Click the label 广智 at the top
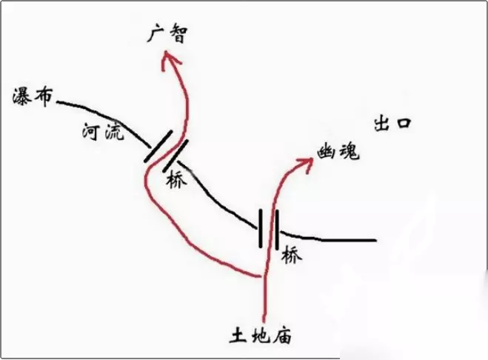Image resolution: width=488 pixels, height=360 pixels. pos(168,33)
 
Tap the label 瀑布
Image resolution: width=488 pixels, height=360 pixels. pos(31,96)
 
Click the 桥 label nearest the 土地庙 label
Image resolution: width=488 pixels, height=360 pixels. pos(293,256)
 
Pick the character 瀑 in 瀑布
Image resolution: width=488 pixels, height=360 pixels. pos(22,96)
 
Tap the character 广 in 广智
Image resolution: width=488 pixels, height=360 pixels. pos(158,33)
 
